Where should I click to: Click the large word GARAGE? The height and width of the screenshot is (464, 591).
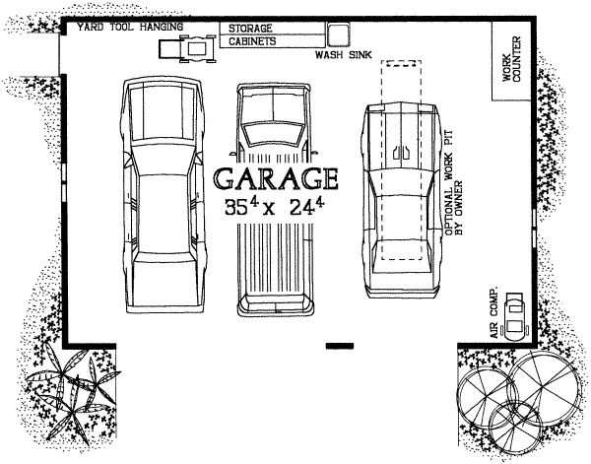[x=276, y=178]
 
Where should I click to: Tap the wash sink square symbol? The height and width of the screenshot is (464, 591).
[x=337, y=34]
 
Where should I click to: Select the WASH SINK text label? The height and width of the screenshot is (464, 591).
[x=344, y=55]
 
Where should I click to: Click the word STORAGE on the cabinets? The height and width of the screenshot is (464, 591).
[x=250, y=29]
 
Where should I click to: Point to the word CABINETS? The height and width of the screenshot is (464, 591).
[x=252, y=41]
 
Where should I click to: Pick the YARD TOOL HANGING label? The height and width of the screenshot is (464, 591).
[x=130, y=28]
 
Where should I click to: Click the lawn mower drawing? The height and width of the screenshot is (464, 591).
[x=187, y=48]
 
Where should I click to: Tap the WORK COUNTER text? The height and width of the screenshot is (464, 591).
[x=511, y=59]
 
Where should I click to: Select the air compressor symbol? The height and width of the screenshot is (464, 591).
[x=514, y=316]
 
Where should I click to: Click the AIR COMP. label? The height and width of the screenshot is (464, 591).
[x=493, y=311]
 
